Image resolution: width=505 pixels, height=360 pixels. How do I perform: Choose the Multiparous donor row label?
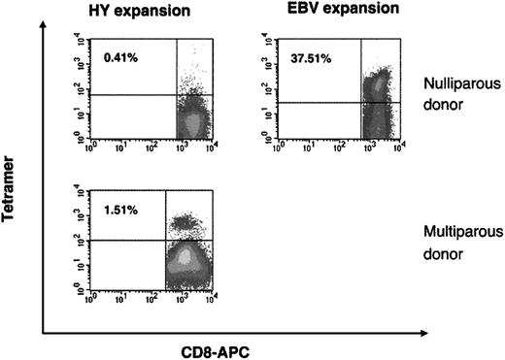(x=454, y=241)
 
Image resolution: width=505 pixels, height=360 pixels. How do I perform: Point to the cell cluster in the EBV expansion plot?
(x=376, y=97)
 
